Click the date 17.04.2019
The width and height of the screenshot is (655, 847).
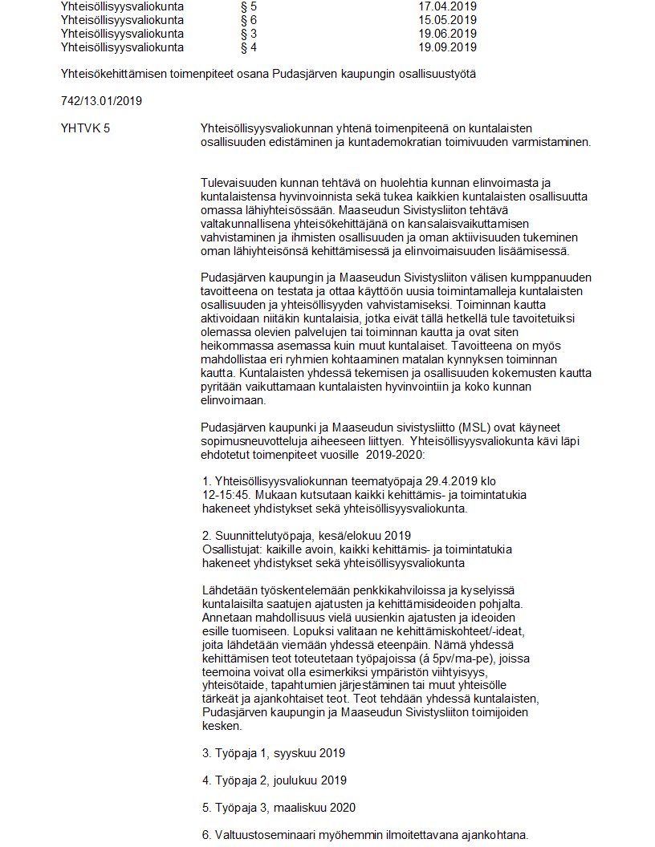447,6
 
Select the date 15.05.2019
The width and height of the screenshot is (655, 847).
447,19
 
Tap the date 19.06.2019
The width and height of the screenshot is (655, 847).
447,34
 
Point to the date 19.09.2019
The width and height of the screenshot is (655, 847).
447,47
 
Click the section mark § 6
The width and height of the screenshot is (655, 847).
249,19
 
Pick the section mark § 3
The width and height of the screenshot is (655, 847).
249,34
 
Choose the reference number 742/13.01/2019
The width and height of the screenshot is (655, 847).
96,101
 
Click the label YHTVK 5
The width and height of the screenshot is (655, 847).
85,128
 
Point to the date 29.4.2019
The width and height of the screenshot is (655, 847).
438,481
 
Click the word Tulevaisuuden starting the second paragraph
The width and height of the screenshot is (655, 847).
240,184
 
